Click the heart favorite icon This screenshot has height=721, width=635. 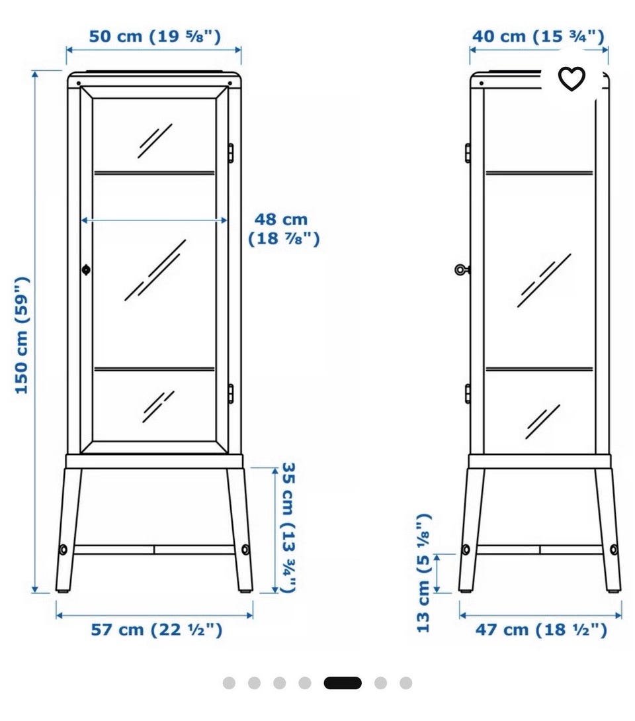click(x=571, y=79)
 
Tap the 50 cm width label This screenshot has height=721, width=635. click(x=155, y=36)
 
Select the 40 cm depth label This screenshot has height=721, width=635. click(x=538, y=36)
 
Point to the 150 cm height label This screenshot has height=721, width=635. click(x=22, y=335)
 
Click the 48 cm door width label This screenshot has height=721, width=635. click(x=284, y=229)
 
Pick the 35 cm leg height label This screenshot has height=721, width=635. click(x=288, y=528)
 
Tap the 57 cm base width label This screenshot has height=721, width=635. click(x=157, y=630)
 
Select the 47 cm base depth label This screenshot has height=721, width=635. click(x=541, y=630)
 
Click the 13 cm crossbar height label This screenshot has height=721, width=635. click(x=423, y=573)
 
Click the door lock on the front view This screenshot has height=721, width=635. click(x=86, y=269)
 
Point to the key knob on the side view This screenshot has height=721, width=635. click(x=461, y=270)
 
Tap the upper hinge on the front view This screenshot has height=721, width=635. click(x=231, y=153)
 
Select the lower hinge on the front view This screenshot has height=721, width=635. click(x=231, y=394)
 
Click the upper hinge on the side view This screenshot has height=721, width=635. click(x=467, y=153)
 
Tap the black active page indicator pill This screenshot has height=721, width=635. click(x=343, y=683)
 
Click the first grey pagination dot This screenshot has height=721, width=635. click(x=229, y=683)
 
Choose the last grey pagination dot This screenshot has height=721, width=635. click(x=405, y=683)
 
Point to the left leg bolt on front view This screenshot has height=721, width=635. click(x=63, y=549)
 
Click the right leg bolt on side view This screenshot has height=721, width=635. click(x=614, y=549)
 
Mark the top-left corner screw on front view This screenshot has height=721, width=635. click(x=79, y=83)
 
